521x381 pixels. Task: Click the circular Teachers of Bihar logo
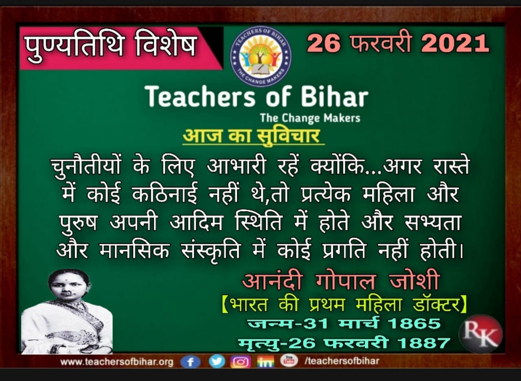coord(261,56)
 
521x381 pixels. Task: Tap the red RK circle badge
coord(481,334)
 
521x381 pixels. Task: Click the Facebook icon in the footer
coord(190,362)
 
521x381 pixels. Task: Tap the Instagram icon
coord(241,362)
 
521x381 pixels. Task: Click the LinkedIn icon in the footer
coord(265,362)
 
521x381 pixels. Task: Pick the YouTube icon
coord(289,361)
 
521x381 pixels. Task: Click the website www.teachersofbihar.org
coord(117,362)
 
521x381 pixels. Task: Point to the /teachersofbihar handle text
coord(342,361)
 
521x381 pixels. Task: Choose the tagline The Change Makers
coord(310,118)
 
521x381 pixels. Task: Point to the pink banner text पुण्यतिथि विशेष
coord(110,48)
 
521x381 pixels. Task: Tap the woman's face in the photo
coord(68,289)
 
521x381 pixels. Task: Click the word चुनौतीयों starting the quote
coord(86,166)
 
